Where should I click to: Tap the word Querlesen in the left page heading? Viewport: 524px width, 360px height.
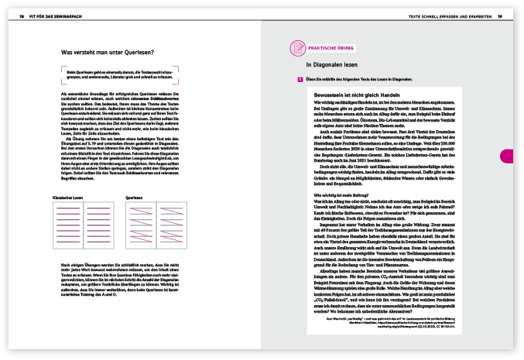135,53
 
